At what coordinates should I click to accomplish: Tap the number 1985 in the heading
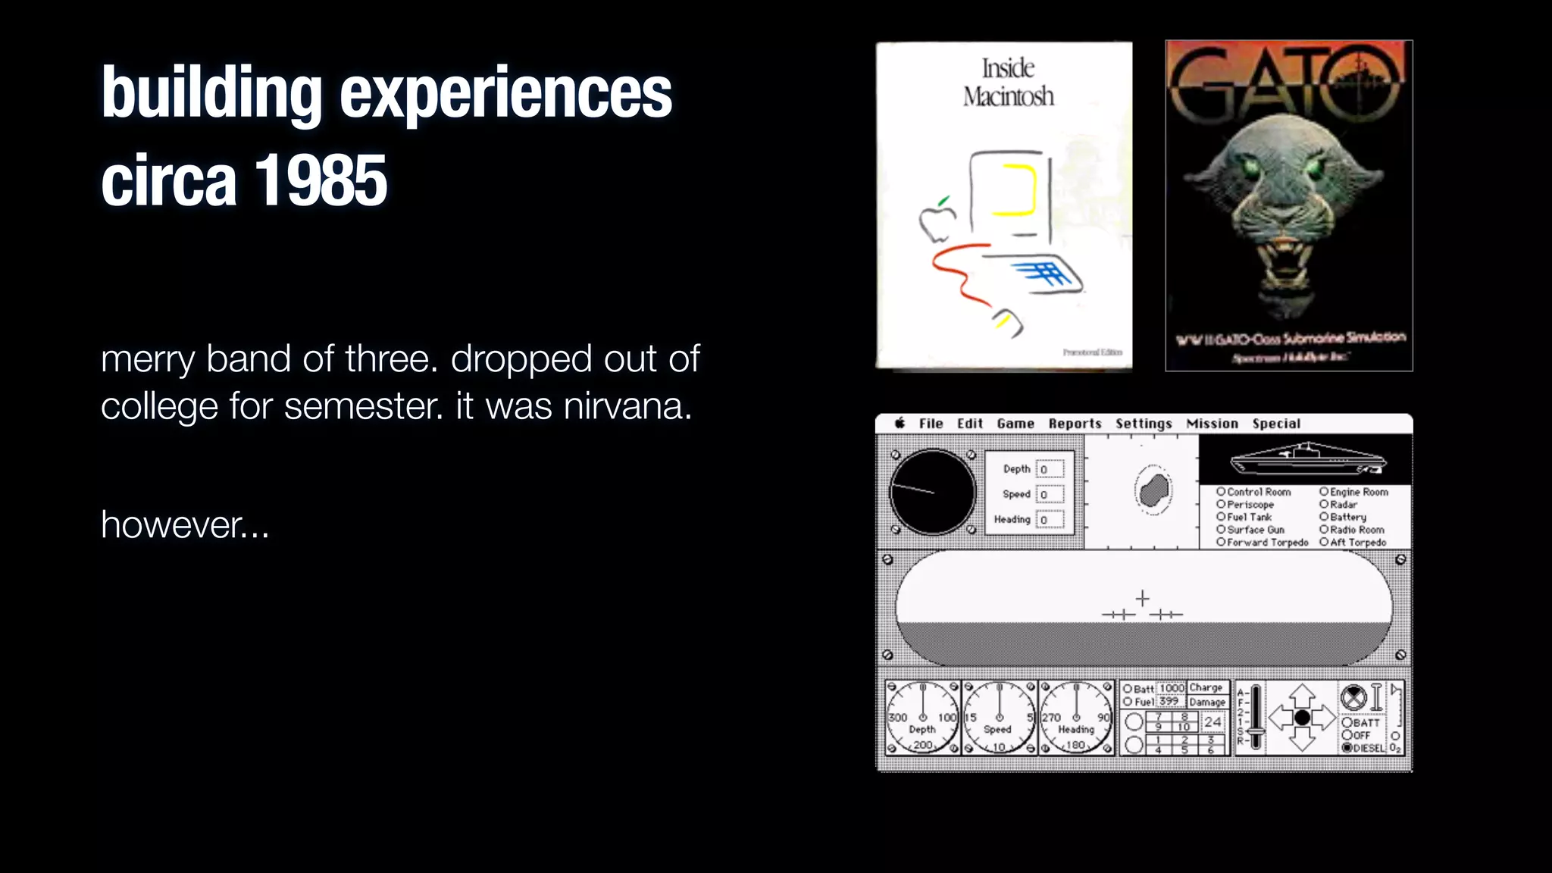pos(321,180)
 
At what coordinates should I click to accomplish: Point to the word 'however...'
pos(185,524)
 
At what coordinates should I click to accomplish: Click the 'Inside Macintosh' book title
pos(1008,82)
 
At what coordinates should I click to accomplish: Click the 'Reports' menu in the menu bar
pos(1075,424)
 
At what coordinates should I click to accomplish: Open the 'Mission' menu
pos(1212,424)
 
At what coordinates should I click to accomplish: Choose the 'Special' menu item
pos(1276,424)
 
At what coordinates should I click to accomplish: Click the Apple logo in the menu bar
pos(900,423)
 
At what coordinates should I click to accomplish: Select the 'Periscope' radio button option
pos(1222,504)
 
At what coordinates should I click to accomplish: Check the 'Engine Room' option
pos(1324,492)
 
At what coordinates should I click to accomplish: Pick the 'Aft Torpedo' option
pos(1324,542)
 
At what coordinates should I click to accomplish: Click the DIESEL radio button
pos(1347,748)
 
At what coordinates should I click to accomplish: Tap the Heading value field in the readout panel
pos(1050,520)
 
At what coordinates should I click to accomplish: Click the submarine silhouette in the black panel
pos(1308,458)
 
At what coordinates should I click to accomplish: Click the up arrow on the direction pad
pos(1302,694)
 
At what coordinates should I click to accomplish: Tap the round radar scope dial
pos(932,492)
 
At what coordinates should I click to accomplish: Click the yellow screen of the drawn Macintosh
pos(1012,189)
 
